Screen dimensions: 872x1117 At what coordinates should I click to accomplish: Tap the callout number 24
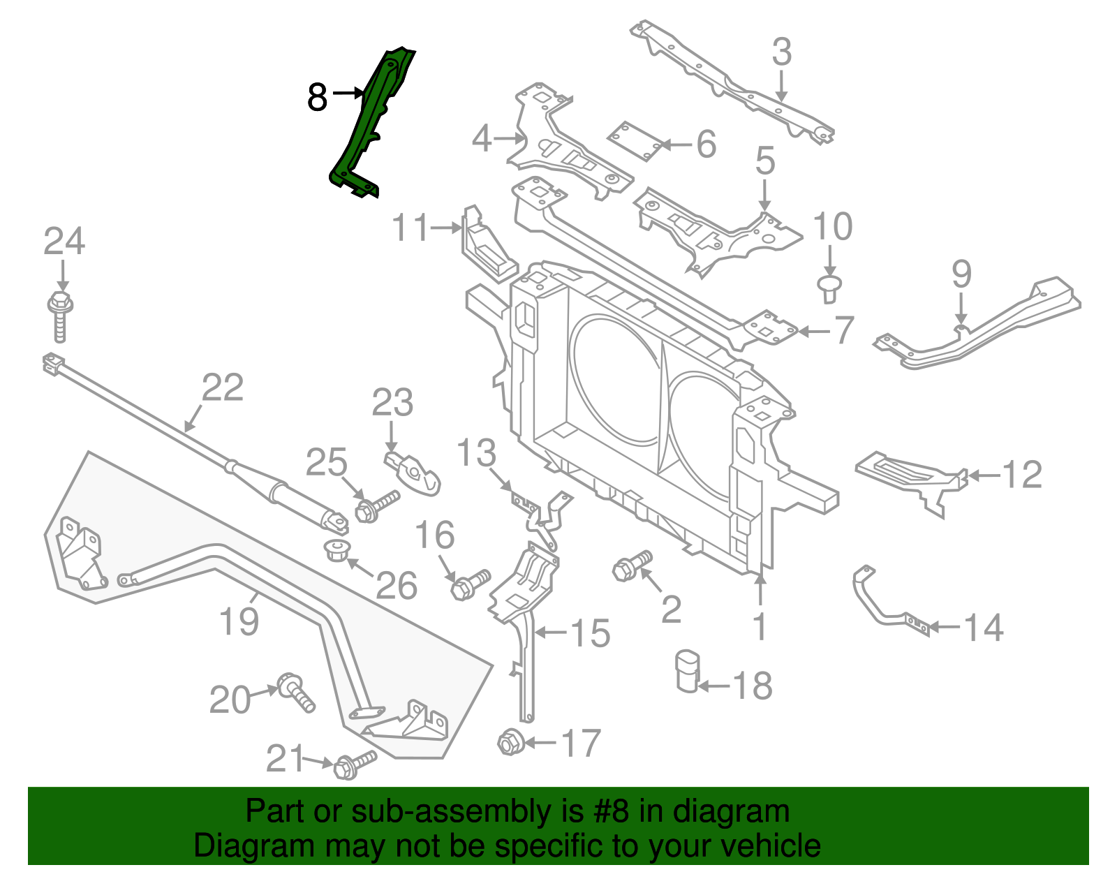click(x=64, y=242)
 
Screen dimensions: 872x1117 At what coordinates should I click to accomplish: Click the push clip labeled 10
click(x=829, y=288)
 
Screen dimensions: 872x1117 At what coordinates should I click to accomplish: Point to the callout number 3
click(x=782, y=52)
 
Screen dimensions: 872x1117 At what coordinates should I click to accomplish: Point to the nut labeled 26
click(x=338, y=549)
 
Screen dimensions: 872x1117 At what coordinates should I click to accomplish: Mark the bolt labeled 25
click(x=376, y=507)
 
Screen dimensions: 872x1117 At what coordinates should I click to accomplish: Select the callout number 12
click(x=1022, y=475)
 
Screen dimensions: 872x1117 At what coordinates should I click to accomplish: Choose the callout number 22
click(x=223, y=388)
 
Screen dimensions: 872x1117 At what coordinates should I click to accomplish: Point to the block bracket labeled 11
click(x=486, y=246)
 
